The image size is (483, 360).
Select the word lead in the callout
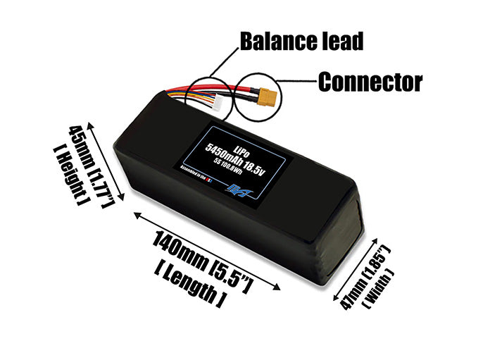point(341,41)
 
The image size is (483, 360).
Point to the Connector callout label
point(370,82)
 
